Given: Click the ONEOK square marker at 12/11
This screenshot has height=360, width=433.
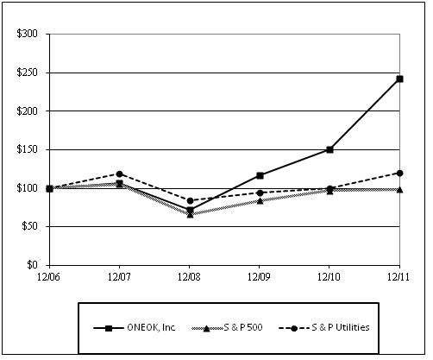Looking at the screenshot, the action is (x=399, y=79).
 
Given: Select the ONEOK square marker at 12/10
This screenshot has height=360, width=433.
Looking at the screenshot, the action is (x=329, y=149).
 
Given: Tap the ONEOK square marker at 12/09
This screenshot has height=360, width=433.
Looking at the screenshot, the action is (x=260, y=175).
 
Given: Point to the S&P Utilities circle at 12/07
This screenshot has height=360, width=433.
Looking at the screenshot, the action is (x=120, y=174).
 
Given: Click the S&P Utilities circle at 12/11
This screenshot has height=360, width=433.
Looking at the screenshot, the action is (x=399, y=174).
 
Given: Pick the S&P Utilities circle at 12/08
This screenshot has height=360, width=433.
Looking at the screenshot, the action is (x=190, y=201).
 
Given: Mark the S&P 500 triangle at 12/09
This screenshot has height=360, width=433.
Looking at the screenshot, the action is (x=260, y=201).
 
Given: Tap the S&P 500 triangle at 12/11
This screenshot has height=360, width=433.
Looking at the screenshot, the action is (x=399, y=190).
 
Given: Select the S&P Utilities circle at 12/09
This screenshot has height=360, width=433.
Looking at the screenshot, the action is (x=260, y=193).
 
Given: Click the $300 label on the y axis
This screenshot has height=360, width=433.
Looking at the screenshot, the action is (x=28, y=34).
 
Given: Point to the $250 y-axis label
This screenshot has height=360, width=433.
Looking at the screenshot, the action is (x=28, y=73).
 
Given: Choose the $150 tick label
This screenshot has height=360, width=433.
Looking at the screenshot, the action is (x=28, y=149).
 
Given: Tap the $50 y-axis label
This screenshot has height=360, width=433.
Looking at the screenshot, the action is (x=30, y=226).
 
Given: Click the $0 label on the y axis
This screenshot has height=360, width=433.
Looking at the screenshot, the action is (x=33, y=264).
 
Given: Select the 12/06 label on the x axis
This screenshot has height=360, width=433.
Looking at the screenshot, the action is (x=48, y=277).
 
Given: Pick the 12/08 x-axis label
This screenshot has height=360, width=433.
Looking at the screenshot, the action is (x=189, y=277).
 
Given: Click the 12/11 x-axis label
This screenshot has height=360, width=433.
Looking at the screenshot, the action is (x=398, y=277).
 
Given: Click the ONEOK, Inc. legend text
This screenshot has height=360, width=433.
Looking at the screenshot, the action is (x=151, y=327).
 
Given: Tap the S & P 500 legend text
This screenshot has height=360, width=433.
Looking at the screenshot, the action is (x=243, y=327).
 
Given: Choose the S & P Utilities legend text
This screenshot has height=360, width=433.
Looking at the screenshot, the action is (x=341, y=327).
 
